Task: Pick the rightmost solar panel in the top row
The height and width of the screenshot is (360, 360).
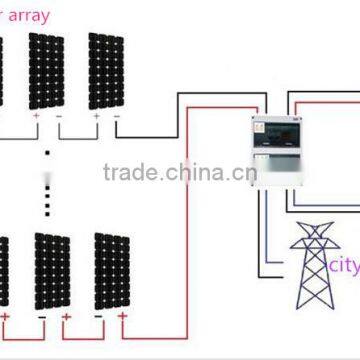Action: point(105,70)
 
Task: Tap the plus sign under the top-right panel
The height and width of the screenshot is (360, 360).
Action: point(97,116)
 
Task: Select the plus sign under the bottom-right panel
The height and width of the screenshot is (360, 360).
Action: point(122,317)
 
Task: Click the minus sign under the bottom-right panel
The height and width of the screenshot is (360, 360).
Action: point(100,317)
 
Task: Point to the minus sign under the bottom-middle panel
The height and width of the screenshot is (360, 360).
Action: point(42,317)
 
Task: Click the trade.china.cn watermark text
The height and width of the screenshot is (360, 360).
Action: point(180,172)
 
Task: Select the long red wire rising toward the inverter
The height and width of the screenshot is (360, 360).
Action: point(187,250)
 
